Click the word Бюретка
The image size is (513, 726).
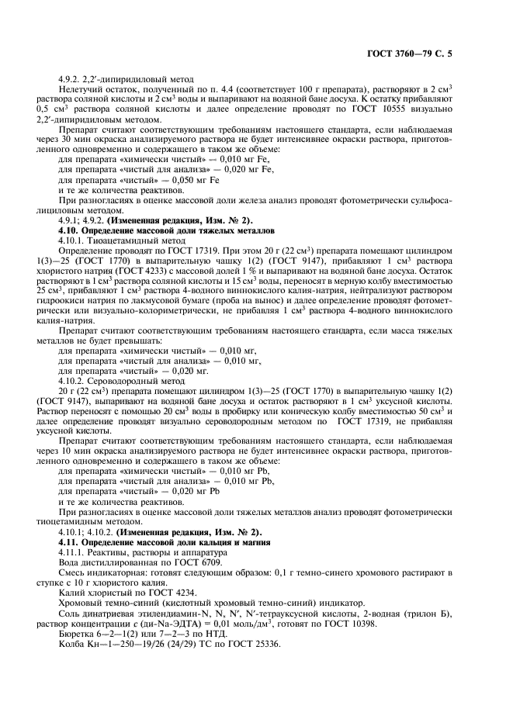pos(75,634)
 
